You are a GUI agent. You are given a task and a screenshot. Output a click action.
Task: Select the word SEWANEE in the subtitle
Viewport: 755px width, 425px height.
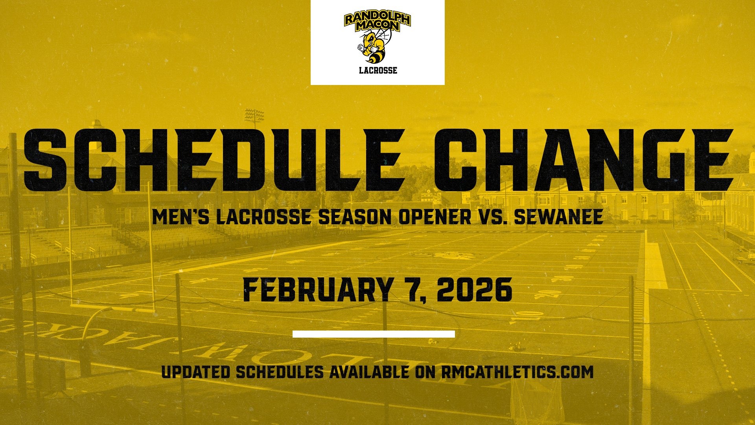coord(558,217)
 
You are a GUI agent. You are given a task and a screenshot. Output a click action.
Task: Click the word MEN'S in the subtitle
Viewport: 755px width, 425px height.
coord(181,217)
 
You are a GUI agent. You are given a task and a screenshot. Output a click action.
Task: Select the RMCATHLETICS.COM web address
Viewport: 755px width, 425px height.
coord(517,372)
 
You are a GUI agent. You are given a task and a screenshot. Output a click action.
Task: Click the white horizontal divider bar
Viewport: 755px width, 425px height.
coord(374,334)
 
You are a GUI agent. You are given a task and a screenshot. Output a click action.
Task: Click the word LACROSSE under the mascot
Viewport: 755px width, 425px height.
coord(378,71)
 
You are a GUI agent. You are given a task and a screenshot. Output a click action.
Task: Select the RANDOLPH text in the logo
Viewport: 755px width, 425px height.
coord(377,18)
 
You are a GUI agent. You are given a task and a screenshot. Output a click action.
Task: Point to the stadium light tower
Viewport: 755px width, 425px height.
coord(254,115)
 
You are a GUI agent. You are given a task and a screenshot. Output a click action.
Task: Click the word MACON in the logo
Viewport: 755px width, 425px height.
coord(377,26)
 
